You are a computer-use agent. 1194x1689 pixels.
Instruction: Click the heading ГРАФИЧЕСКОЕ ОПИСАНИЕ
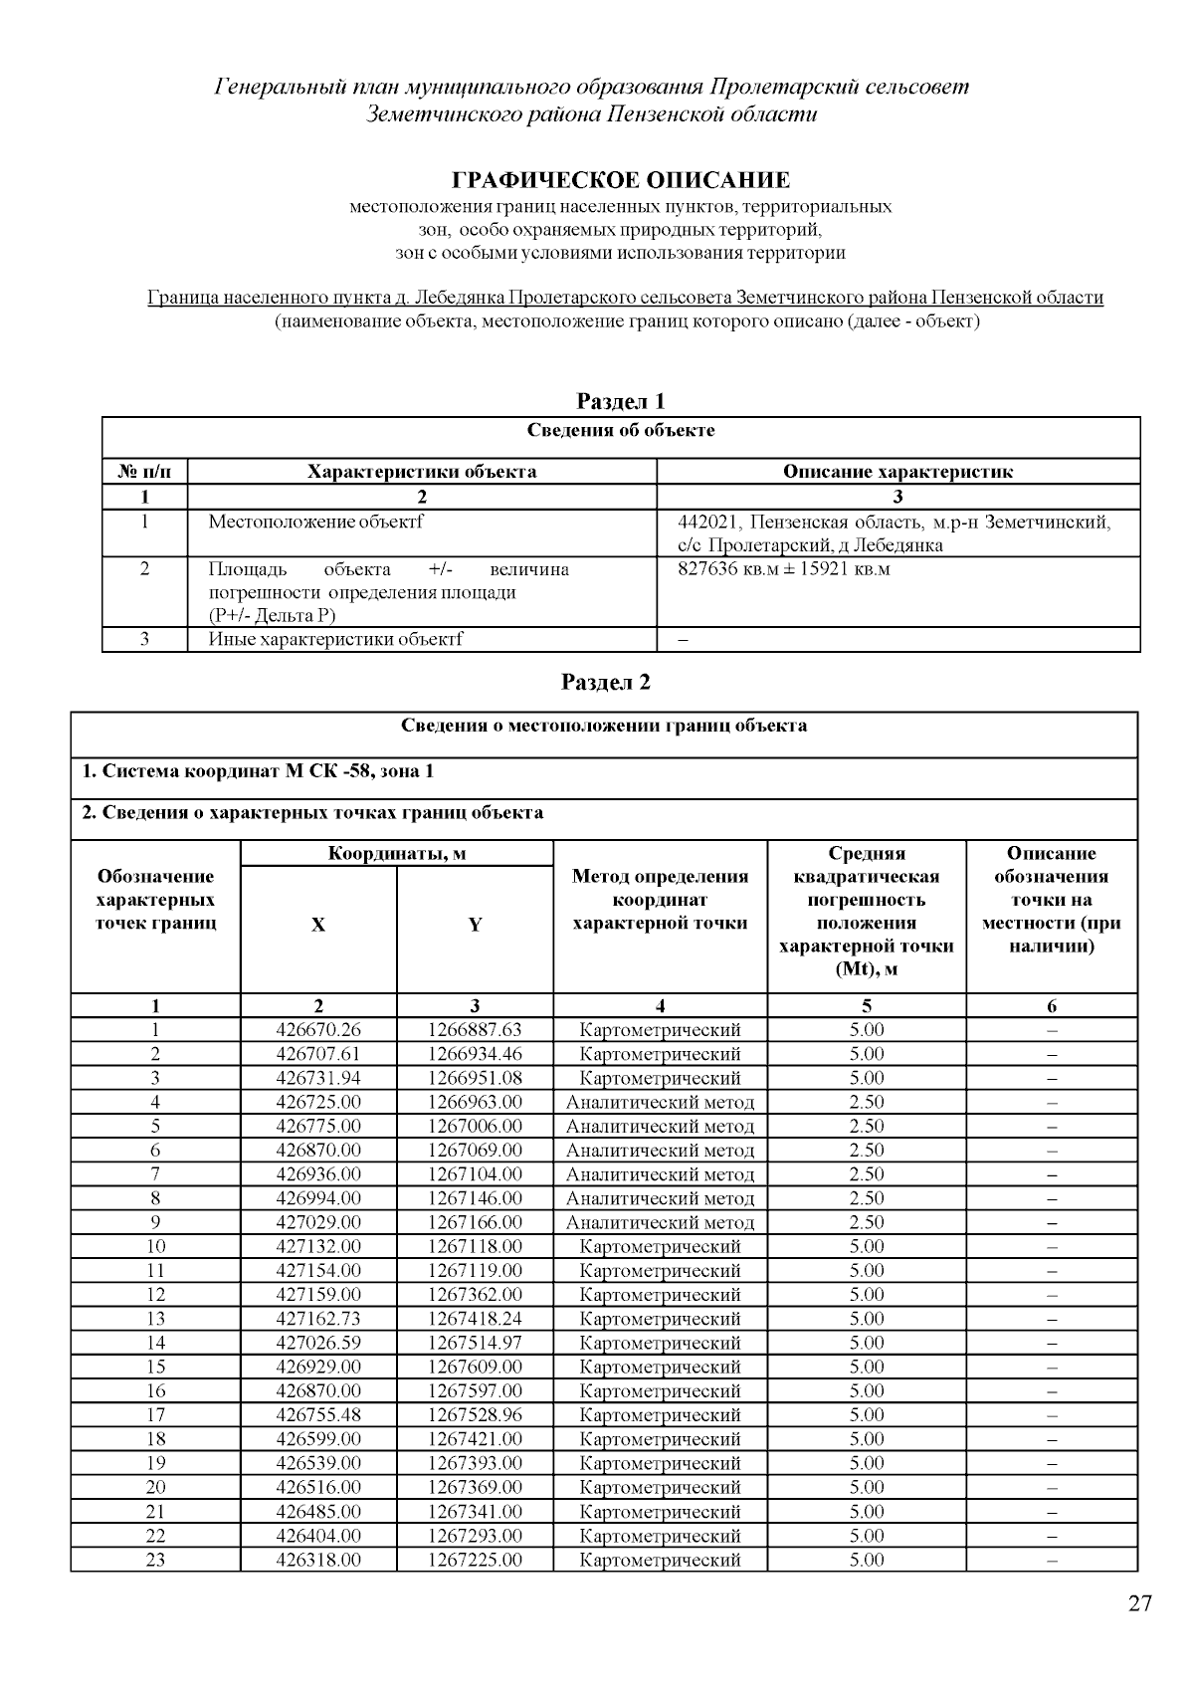coord(621,180)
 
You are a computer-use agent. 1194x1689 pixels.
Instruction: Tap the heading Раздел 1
coord(621,401)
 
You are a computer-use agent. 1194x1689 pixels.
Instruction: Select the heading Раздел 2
coord(606,682)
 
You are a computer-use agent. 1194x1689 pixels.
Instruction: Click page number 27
coord(1140,1603)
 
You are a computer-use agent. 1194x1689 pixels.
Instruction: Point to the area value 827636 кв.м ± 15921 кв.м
coord(783,569)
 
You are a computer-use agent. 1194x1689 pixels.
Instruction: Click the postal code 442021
coord(709,522)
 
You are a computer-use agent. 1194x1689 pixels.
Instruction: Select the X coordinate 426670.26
coord(318,1030)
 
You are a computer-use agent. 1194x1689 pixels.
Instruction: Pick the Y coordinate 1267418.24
coord(475,1319)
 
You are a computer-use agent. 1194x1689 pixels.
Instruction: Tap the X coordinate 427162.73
coord(318,1319)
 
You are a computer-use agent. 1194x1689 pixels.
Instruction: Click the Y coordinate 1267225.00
coord(475,1560)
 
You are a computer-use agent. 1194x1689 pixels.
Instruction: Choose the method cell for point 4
coord(660,1102)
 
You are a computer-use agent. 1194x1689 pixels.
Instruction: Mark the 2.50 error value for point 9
coord(866,1222)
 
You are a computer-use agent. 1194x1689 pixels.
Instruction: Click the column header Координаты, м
coord(397,853)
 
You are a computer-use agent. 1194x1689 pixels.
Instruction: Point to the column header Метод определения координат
coord(660,900)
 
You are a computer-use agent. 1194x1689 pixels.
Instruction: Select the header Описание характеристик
coord(897,472)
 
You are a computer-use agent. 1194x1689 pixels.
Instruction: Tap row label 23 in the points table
coord(155,1560)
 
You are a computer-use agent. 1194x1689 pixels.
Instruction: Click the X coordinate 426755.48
coord(318,1415)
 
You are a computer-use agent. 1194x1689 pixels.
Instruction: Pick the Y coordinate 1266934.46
coord(475,1054)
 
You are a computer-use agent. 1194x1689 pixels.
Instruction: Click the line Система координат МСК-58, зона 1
coord(258,771)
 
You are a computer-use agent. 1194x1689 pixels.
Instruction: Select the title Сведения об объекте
coord(621,431)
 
